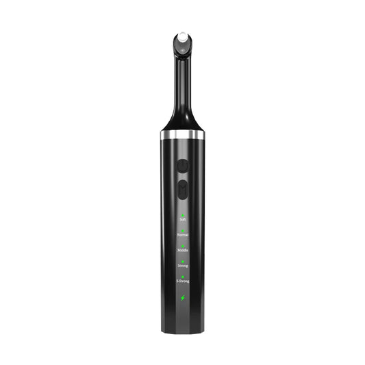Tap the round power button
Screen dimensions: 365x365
pyautogui.click(x=182, y=166)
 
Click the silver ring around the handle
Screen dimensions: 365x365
pyautogui.click(x=182, y=135)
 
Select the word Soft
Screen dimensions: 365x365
pyautogui.click(x=182, y=219)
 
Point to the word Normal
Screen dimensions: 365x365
pyautogui.click(x=182, y=235)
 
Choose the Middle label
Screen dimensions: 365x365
pyautogui.click(x=182, y=251)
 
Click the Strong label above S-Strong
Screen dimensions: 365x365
pyautogui.click(x=182, y=266)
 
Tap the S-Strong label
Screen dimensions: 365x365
pyautogui.click(x=182, y=281)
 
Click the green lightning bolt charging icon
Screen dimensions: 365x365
pyautogui.click(x=182, y=297)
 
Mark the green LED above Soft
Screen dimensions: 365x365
pyautogui.click(x=182, y=214)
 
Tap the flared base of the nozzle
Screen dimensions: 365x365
pyautogui.click(x=182, y=122)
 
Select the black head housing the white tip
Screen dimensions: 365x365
pyautogui.click(x=182, y=47)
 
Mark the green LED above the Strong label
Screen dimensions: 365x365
pyautogui.click(x=182, y=261)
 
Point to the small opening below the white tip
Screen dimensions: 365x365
pyautogui.click(x=182, y=49)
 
